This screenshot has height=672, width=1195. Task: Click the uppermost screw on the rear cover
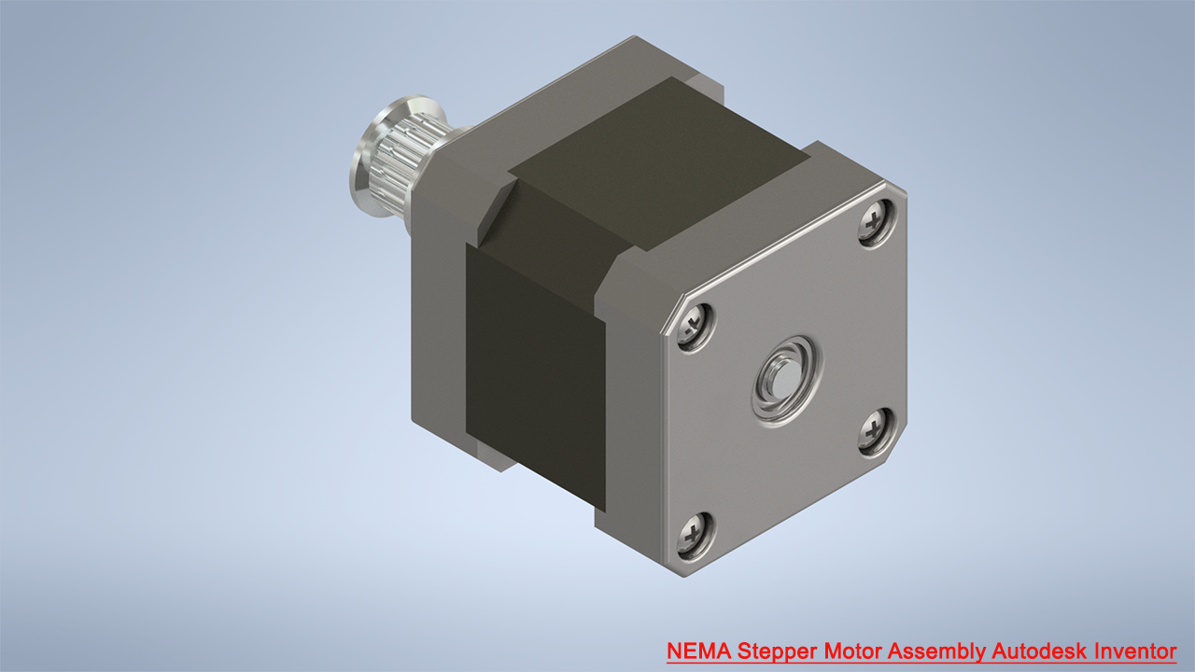click(x=875, y=224)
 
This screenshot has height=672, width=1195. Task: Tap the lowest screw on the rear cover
click(x=696, y=536)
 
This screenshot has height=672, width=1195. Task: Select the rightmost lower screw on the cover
click(x=875, y=433)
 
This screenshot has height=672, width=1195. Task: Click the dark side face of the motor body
click(x=532, y=373)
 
